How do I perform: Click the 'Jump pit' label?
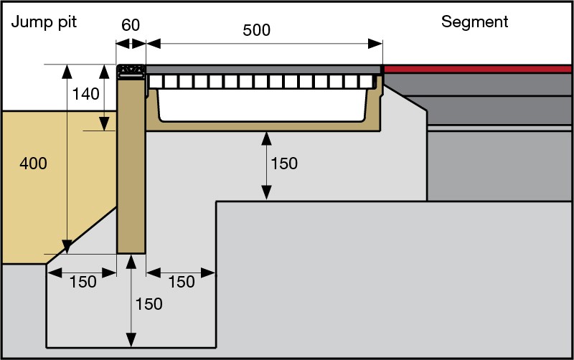tap(44, 22)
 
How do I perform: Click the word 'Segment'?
tap(474, 22)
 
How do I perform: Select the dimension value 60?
tap(131, 25)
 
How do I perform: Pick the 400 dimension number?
tap(33, 164)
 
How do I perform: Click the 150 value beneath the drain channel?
tap(283, 164)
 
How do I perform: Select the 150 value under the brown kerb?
tap(149, 303)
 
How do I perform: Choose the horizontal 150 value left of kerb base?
tap(83, 282)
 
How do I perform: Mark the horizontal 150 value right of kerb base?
tap(181, 282)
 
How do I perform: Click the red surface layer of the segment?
tap(479, 68)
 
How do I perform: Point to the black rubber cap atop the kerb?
tap(131, 70)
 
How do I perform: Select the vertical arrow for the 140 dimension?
tap(105, 98)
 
